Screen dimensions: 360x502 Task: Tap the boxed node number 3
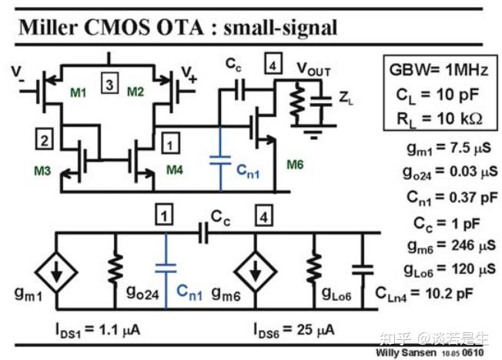110,85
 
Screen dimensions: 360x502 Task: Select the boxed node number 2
45,139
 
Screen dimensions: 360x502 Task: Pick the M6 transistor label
296,164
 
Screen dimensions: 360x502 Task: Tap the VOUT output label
314,72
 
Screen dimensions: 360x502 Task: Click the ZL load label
346,98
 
